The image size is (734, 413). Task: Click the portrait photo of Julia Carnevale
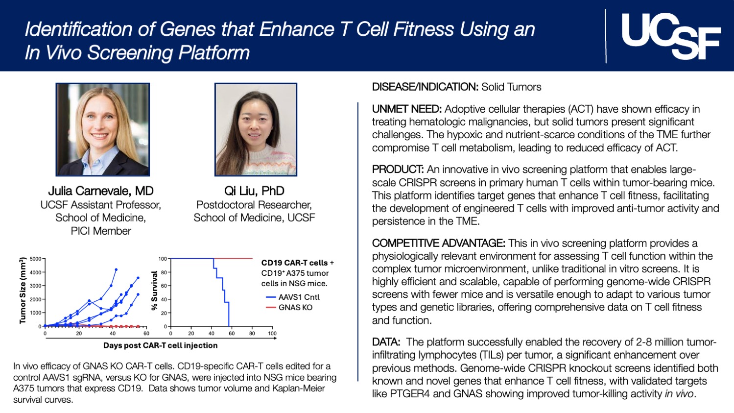click(x=102, y=129)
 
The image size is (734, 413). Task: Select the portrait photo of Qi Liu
click(x=256, y=129)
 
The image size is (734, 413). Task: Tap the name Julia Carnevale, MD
click(x=101, y=191)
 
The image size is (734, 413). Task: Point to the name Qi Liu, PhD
click(x=254, y=191)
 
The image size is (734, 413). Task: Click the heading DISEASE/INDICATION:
click(x=425, y=87)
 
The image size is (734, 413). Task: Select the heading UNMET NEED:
click(x=406, y=109)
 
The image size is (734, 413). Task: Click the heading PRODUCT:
click(x=398, y=170)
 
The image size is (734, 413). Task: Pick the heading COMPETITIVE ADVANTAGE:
click(x=438, y=243)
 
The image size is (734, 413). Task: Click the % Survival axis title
click(x=155, y=291)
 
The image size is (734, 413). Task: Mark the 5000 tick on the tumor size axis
click(x=35, y=259)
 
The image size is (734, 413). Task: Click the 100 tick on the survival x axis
click(x=272, y=334)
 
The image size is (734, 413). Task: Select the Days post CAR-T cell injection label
click(x=160, y=345)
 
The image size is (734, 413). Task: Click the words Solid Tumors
click(x=511, y=87)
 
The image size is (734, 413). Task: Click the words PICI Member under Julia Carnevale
click(x=101, y=231)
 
